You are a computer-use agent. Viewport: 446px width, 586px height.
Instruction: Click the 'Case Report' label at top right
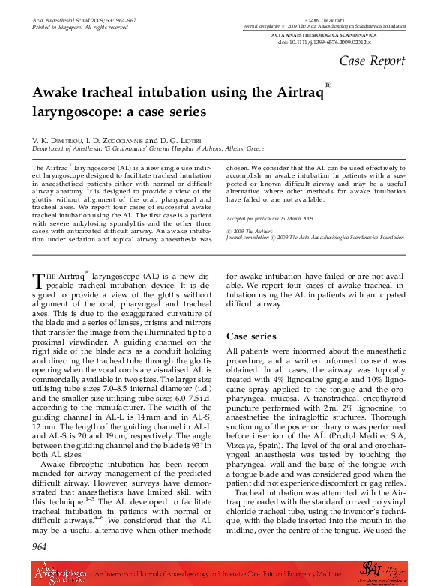pyautogui.click(x=373, y=61)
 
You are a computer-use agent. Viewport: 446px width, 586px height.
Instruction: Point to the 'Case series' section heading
pyautogui.click(x=251, y=336)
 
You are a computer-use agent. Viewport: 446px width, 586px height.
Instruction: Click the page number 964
pyautogui.click(x=40, y=547)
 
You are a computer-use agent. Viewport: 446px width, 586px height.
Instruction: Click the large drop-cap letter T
pyautogui.click(x=38, y=281)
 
